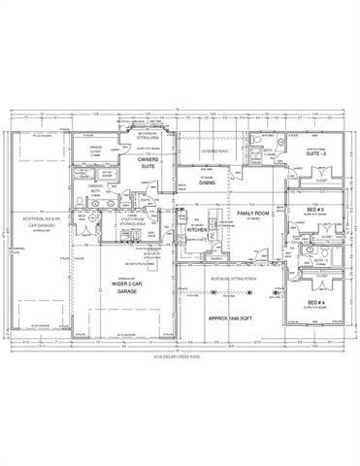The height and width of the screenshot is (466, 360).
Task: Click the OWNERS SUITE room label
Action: (148, 162)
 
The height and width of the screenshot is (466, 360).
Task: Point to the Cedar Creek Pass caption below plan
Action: (180, 358)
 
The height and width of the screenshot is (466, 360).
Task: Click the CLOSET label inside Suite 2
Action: (320, 181)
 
